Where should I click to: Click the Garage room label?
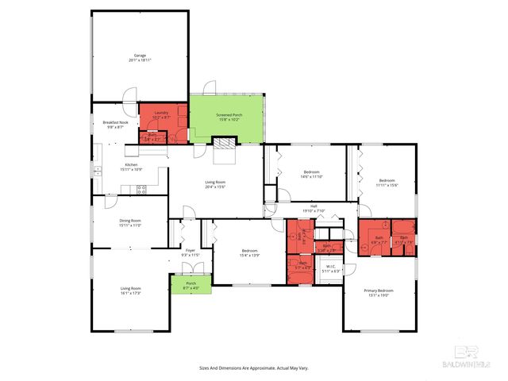pyautogui.click(x=140, y=56)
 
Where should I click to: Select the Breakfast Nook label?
pyautogui.click(x=115, y=121)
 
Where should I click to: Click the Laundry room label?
pyautogui.click(x=161, y=113)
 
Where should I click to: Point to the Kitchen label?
pyautogui.click(x=131, y=164)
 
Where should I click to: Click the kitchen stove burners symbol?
pyautogui.click(x=142, y=189)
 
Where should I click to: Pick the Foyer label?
pyautogui.click(x=190, y=251)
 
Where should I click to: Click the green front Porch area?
pyautogui.click(x=190, y=284)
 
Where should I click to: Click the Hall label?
pyautogui.click(x=314, y=206)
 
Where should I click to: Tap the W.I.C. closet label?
pyautogui.click(x=331, y=267)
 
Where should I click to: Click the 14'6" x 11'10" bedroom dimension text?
pyautogui.click(x=311, y=176)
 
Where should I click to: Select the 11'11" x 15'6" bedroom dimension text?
pyautogui.click(x=387, y=185)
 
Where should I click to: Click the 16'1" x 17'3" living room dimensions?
pyautogui.click(x=130, y=294)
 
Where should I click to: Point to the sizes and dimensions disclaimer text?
pyautogui.click(x=253, y=368)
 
